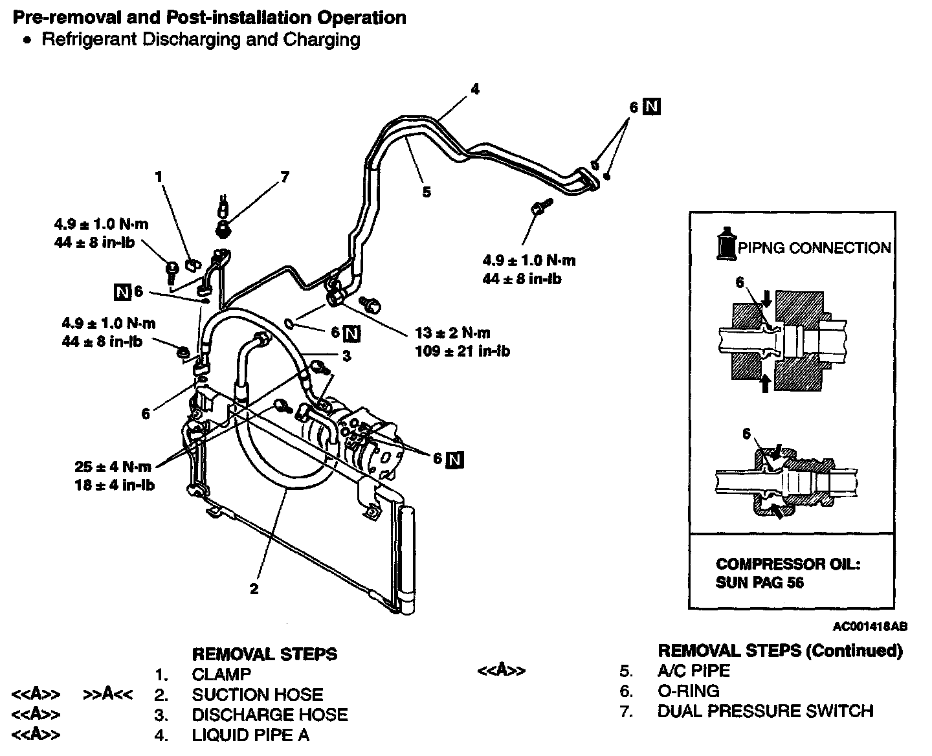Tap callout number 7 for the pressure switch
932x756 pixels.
[285, 177]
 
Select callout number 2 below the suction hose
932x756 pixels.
[254, 589]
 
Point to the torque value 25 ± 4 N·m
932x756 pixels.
[113, 466]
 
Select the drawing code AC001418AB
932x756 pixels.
[869, 627]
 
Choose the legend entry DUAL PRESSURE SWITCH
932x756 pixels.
[765, 711]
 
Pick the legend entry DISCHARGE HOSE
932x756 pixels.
[269, 715]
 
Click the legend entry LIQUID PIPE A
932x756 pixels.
[250, 735]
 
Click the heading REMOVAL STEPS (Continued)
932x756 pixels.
[779, 650]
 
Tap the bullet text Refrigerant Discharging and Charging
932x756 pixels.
[201, 39]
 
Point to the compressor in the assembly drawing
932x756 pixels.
[362, 440]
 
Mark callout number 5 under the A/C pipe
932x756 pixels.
[426, 192]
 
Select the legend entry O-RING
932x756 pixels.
[688, 691]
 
